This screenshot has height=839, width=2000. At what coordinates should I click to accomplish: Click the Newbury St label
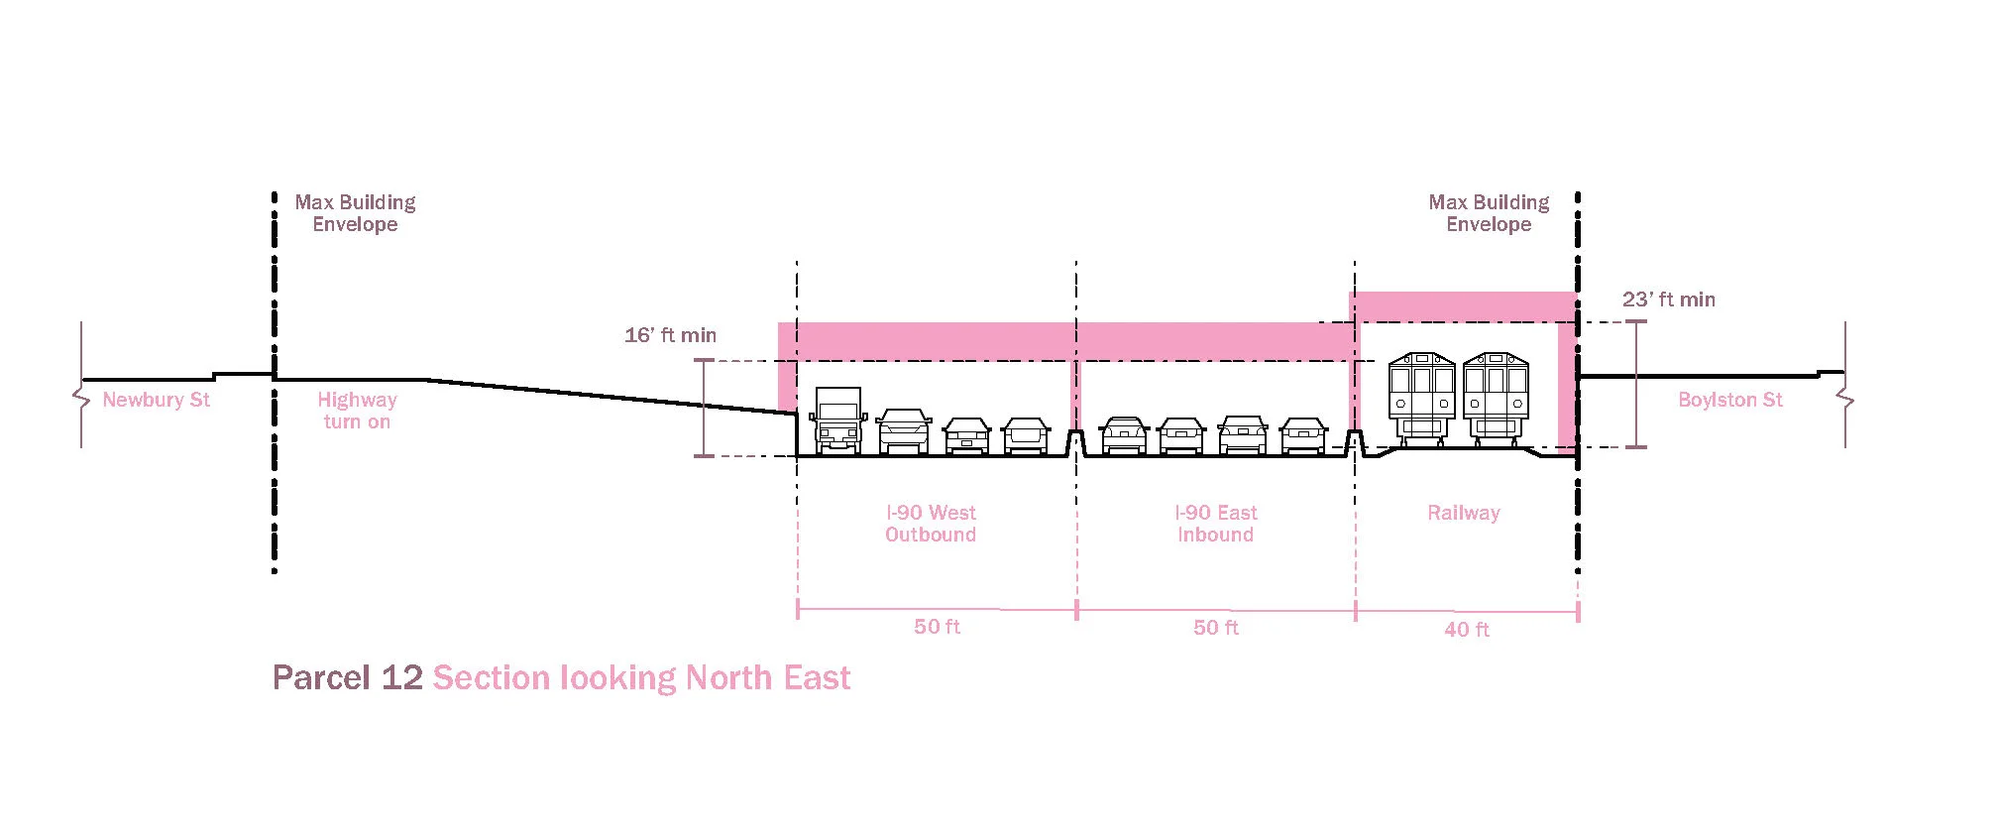click(x=157, y=400)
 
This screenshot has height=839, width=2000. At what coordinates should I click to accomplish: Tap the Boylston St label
click(x=1729, y=400)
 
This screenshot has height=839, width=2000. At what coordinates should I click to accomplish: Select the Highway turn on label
click(x=357, y=411)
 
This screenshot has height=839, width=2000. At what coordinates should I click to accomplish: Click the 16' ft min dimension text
click(x=670, y=335)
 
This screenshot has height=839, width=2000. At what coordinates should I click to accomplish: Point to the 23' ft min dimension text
click(x=1668, y=300)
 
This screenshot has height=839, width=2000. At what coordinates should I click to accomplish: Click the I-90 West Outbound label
click(x=931, y=524)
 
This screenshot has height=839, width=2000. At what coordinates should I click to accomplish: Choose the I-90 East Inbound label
click(x=1215, y=524)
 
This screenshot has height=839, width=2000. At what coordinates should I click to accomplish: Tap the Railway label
click(x=1463, y=513)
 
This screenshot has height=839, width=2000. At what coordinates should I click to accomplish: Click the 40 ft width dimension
click(x=1466, y=630)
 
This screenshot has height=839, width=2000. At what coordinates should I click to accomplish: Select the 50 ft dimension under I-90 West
click(x=937, y=627)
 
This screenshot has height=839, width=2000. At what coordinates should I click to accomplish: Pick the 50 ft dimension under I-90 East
click(x=1215, y=628)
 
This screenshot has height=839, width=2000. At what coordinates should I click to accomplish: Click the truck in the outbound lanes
click(x=837, y=420)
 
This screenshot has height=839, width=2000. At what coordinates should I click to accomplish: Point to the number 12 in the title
click(x=401, y=677)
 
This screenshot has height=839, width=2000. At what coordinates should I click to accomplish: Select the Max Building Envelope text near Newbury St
click(x=355, y=213)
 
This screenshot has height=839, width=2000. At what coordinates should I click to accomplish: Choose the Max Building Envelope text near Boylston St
click(x=1489, y=213)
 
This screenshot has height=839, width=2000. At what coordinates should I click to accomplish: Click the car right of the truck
click(x=904, y=431)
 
